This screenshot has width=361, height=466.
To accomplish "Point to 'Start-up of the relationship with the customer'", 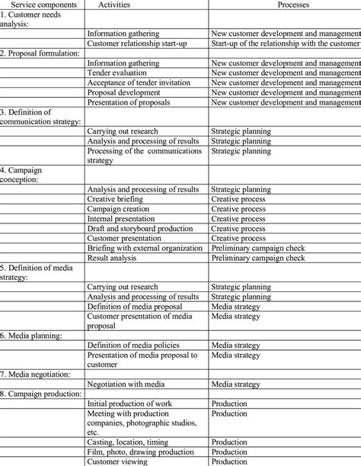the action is click(x=284, y=44).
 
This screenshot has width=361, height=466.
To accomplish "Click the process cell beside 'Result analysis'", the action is click(x=257, y=258).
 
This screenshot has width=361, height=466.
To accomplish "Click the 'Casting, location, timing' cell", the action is click(x=130, y=442).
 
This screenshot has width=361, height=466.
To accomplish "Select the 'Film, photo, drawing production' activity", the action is click(x=140, y=452).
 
